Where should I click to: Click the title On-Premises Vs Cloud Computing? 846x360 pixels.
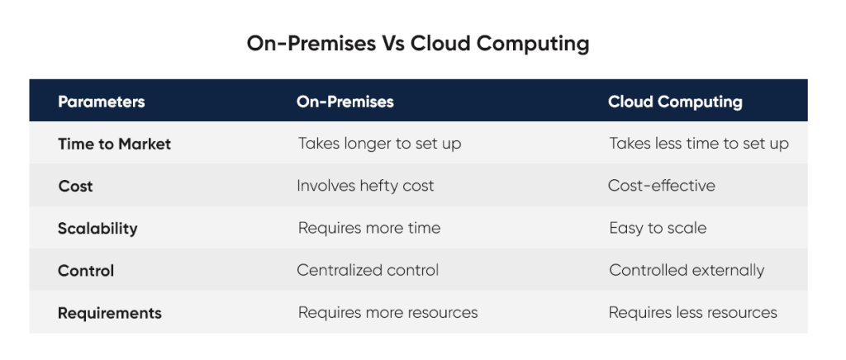[418, 44]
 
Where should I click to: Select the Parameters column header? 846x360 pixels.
[101, 102]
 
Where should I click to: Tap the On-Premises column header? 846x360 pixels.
[345, 102]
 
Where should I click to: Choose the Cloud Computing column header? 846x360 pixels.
[675, 102]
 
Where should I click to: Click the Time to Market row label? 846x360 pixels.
[114, 144]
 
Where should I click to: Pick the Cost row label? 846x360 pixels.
[75, 186]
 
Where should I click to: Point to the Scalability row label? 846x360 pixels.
[97, 228]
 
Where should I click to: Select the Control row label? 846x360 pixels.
[86, 270]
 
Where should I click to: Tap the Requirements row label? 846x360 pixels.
[109, 313]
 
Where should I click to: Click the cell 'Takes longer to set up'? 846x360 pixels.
[379, 144]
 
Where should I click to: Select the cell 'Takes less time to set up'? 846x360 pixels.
[699, 144]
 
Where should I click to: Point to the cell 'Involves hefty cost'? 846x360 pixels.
[365, 186]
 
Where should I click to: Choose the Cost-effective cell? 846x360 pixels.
[661, 186]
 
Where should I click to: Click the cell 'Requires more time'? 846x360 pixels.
[368, 228]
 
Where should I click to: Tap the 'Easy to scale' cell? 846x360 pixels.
[658, 228]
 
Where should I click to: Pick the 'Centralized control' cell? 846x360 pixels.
[368, 270]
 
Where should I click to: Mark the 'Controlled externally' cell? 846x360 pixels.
[687, 270]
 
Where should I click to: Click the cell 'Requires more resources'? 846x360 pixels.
[387, 313]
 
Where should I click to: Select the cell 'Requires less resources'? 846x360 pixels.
[692, 313]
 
